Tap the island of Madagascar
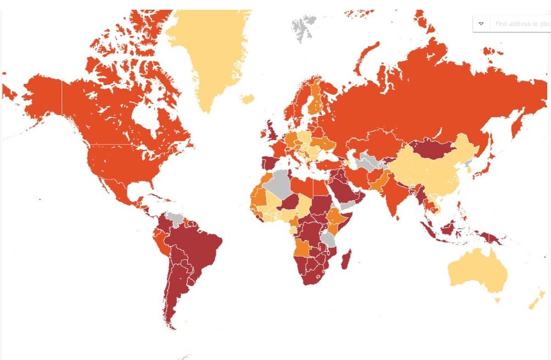point(346,259)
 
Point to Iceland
point(247,99)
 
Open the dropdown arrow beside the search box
point(481,24)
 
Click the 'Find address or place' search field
point(521,24)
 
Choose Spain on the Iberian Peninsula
point(270,163)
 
